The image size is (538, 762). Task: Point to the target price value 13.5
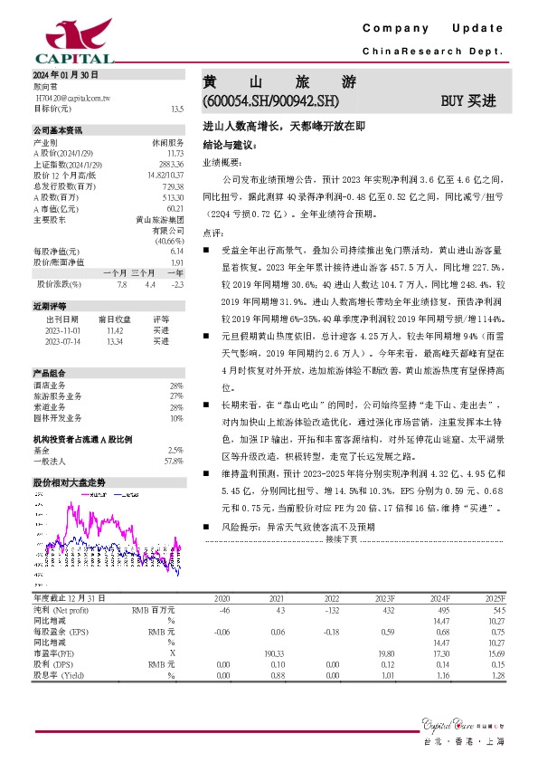(177, 108)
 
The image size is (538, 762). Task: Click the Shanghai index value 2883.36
(171, 164)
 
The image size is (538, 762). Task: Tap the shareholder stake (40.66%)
(169, 242)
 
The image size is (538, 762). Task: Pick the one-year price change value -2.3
(177, 284)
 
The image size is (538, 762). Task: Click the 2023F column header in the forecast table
(384, 599)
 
